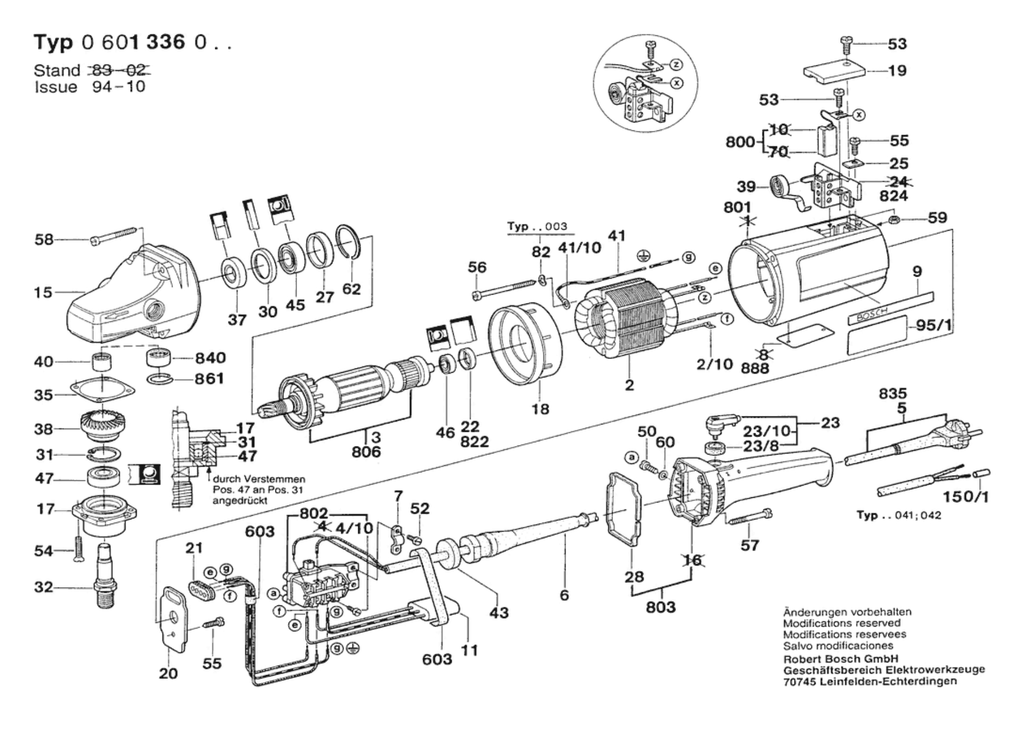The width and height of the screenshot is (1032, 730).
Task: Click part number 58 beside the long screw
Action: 44,240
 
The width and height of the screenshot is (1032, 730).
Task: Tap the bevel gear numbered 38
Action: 103,428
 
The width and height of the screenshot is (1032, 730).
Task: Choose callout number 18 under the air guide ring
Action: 540,409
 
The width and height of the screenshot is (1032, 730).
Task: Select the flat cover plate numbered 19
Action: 834,72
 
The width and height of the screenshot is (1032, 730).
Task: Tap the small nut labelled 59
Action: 894,219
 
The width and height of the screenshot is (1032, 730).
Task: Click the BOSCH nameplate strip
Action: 890,307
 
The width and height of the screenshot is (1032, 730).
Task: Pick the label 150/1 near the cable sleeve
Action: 966,496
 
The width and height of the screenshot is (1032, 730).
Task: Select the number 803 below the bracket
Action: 661,607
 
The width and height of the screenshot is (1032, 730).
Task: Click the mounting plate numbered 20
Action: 175,619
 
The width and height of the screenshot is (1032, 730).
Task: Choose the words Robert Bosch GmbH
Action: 841,659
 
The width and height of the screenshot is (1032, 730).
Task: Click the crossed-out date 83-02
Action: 119,70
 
